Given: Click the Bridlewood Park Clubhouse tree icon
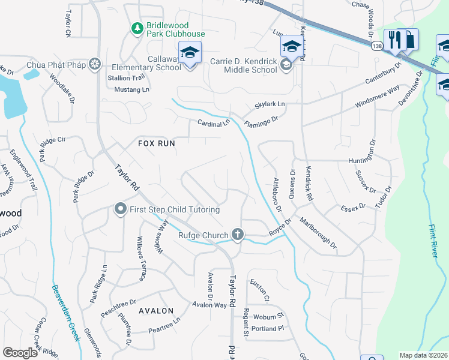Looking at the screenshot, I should [137, 28].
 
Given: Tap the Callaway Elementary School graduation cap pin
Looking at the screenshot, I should [190, 53].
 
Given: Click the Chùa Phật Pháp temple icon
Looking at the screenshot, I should [94, 64].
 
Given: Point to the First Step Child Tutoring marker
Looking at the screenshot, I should [120, 209].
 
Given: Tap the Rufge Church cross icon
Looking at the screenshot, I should [238, 235].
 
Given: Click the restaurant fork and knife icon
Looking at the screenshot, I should [394, 40].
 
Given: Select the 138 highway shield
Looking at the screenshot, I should [376, 46].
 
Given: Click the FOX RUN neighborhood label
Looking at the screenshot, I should [156, 144].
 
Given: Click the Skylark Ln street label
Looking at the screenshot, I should [270, 104].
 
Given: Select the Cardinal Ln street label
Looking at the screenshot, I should [214, 124].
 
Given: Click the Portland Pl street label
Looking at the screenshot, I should [268, 329].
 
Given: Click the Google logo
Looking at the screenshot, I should [20, 353].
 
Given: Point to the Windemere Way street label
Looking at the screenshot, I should [377, 95].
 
